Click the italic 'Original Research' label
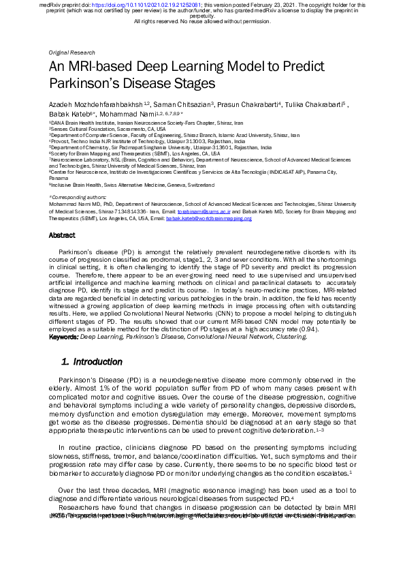72,52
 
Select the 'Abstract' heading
62,235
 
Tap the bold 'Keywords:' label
64,336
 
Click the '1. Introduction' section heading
92,361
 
